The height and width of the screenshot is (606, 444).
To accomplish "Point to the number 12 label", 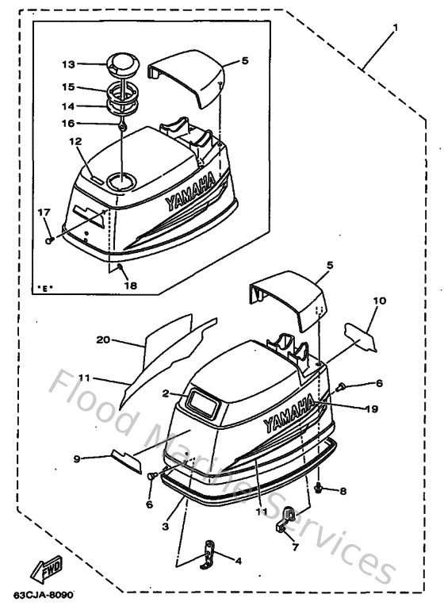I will tap(75, 142).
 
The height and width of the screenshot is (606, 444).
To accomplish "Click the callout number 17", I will tap(44, 212).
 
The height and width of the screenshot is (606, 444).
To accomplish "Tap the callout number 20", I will tap(101, 340).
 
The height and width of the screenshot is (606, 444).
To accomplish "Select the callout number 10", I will tap(379, 301).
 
